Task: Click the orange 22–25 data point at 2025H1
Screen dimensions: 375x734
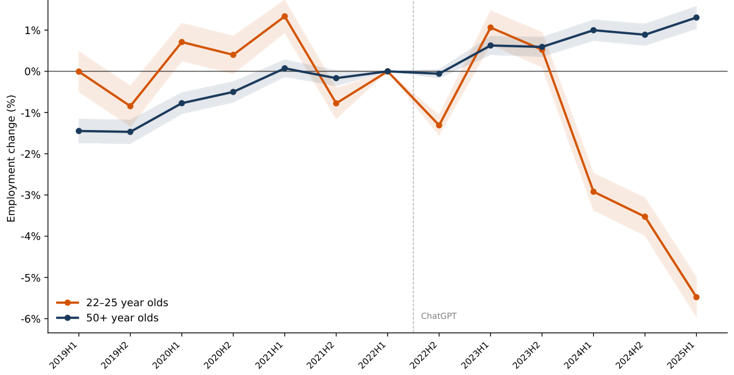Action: [696, 297]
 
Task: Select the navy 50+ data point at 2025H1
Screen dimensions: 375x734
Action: [696, 18]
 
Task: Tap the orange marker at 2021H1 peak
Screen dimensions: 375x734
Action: [285, 16]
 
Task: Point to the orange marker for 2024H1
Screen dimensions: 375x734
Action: [593, 191]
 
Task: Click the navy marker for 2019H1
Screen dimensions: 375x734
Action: [79, 131]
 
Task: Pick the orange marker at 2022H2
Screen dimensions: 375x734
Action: [439, 125]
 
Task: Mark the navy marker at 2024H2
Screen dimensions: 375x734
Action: [644, 35]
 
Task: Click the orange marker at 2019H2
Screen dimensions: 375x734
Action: [130, 106]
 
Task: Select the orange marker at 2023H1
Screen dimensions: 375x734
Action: [490, 28]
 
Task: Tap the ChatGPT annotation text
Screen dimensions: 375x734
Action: [439, 316]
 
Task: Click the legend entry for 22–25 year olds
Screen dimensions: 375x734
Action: [127, 303]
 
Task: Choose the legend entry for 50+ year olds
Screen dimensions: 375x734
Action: [122, 318]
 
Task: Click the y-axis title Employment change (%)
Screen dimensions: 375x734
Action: [11, 158]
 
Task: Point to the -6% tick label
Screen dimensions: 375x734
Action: [30, 319]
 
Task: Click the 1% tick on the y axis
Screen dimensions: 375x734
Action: [32, 30]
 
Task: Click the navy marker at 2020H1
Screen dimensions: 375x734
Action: [182, 103]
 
